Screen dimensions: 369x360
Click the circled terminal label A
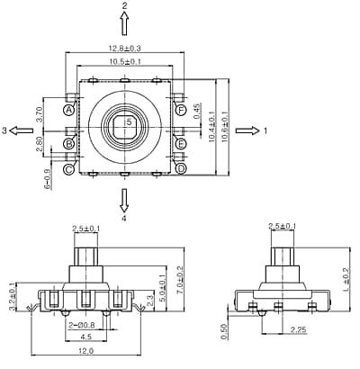(68, 110)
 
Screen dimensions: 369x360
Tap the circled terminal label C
(68, 168)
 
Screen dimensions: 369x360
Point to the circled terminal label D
(181, 168)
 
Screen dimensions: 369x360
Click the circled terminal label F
(181, 110)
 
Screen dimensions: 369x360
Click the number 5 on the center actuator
(128, 121)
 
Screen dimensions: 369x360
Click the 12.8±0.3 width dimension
(124, 49)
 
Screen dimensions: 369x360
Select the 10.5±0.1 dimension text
(124, 61)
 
